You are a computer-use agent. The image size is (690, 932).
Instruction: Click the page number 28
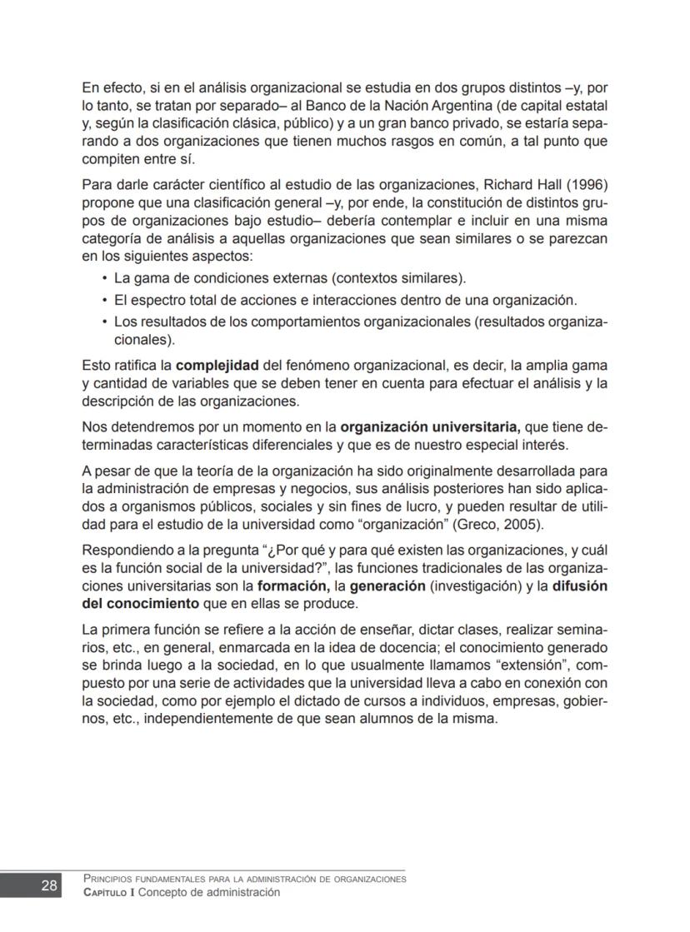pyautogui.click(x=49, y=885)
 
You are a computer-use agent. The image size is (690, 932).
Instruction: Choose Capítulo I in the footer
pyautogui.click(x=109, y=893)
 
